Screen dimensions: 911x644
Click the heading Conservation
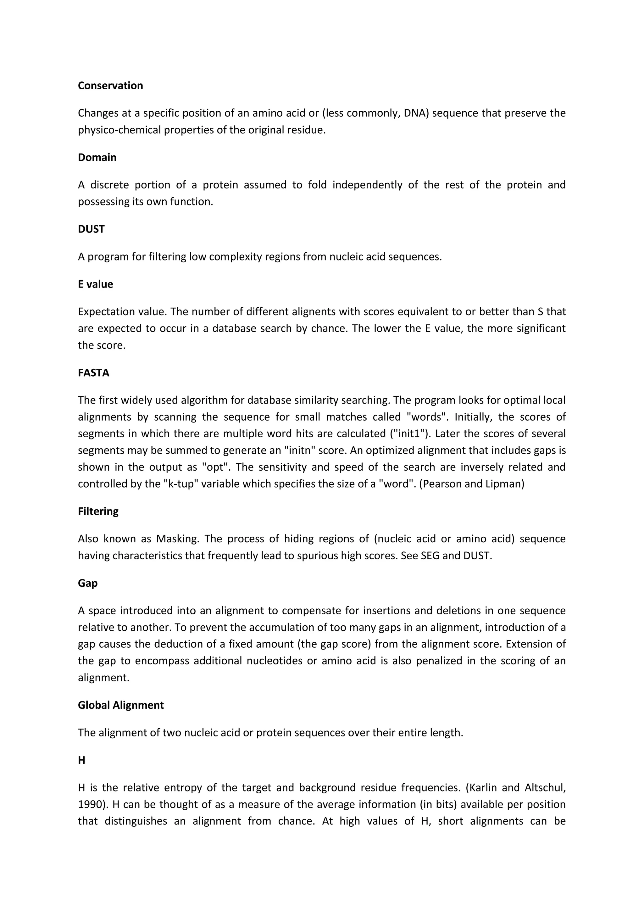tap(110, 86)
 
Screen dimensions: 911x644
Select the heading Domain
tap(97, 158)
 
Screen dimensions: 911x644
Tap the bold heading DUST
tap(91, 229)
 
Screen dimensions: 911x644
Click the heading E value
tap(95, 284)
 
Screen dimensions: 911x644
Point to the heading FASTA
tap(94, 373)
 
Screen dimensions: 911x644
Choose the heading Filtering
tap(98, 511)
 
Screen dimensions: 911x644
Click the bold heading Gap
tap(88, 583)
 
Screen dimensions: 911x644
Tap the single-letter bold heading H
tap(81, 760)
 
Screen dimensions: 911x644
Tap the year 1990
tap(91, 805)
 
